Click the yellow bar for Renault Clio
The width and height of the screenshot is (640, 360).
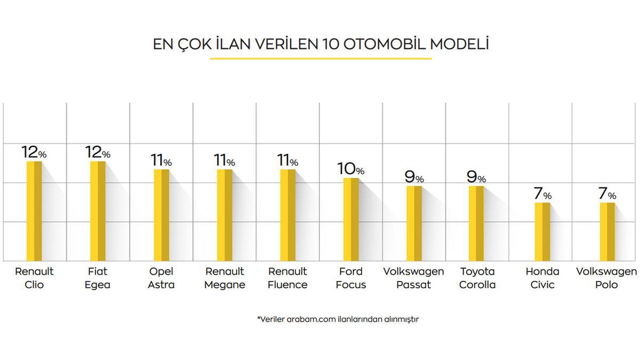point(34,211)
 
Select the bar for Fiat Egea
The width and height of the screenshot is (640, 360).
point(98,211)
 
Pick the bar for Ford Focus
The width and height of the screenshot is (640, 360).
point(350,219)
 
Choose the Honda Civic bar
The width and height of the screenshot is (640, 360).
point(542,232)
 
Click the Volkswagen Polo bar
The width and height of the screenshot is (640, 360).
point(607,232)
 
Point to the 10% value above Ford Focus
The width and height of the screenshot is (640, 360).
point(350,169)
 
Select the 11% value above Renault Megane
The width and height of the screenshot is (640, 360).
point(224,160)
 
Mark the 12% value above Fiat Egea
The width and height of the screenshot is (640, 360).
point(98,153)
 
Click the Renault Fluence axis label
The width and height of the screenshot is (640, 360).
point(288,278)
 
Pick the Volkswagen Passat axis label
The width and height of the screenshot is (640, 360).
point(413,278)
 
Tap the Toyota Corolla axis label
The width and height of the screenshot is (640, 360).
point(477,278)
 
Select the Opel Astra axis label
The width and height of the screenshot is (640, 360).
point(161,278)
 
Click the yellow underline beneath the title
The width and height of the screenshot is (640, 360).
point(321,58)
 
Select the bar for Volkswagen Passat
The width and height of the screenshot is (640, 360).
point(414,223)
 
